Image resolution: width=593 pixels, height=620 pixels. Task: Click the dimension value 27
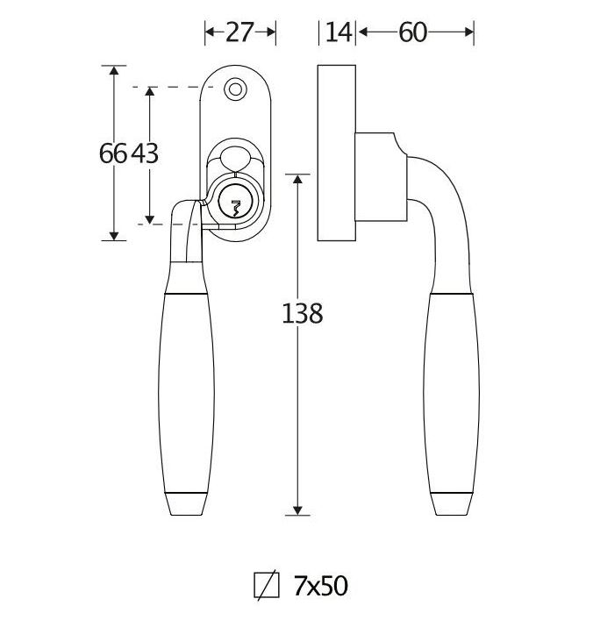239,32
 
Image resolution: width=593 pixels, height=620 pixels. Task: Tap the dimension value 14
339,32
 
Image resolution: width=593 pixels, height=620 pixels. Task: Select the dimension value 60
412,32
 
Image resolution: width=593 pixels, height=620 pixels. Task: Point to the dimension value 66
113,153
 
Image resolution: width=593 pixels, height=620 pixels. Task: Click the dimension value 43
145,153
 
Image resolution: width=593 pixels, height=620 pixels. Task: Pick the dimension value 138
303,314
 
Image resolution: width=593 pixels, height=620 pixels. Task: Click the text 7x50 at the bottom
320,586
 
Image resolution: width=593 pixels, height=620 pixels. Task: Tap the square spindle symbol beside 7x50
267,585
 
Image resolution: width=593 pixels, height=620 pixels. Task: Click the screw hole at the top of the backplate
235,89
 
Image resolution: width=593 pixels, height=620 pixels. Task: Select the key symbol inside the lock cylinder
236,208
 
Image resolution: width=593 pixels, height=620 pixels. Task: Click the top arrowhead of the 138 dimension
297,178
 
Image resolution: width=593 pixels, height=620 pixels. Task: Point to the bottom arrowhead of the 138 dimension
297,510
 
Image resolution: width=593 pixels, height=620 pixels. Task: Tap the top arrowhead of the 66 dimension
114,70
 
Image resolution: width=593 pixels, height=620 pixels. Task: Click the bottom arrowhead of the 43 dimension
149,219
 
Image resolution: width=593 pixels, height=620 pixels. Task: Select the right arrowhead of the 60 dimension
469,32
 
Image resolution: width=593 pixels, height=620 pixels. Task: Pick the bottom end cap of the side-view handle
452,504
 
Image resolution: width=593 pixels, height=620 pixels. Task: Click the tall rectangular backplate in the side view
337,153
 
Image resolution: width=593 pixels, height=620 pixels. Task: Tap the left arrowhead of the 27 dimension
210,32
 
